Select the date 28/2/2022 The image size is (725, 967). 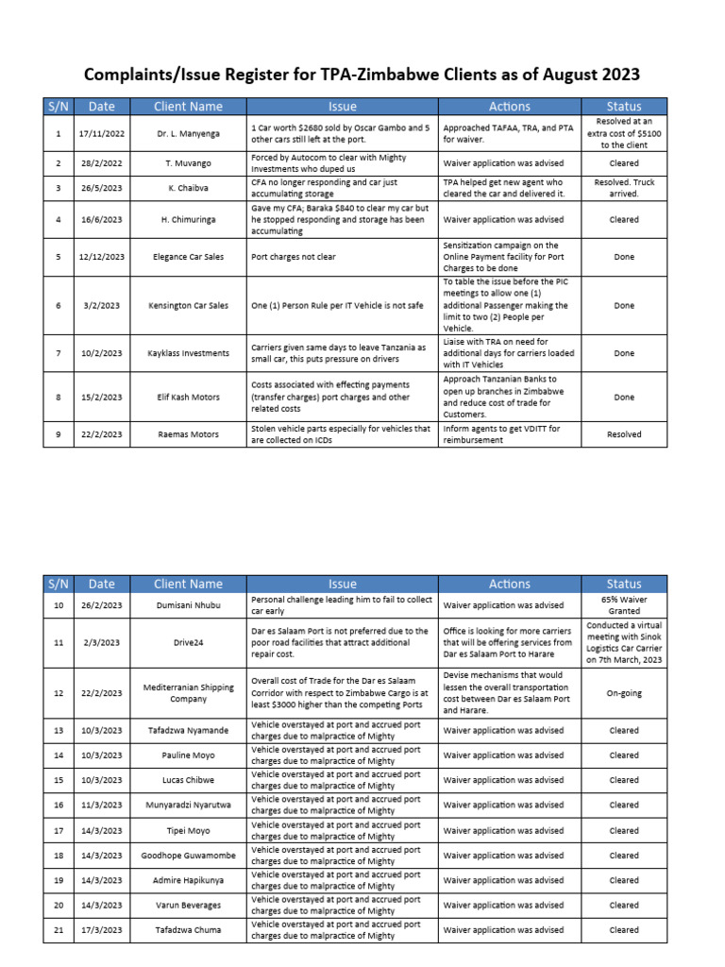coord(102,163)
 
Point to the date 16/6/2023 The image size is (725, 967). coord(102,219)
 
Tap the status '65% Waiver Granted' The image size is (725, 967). coord(624,605)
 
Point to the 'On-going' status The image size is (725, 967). coord(624,692)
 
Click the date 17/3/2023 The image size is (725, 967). coord(102,930)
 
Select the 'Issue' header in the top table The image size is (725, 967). coord(343,107)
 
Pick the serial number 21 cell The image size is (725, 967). coord(59,930)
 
